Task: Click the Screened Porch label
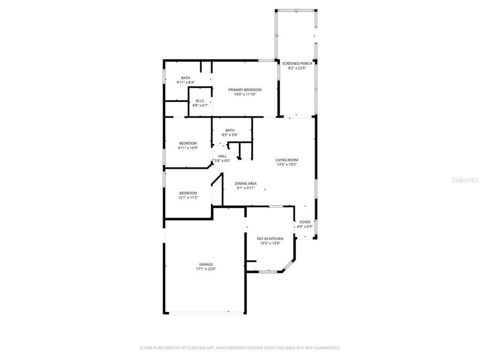[300, 63]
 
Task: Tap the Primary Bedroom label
[245, 90]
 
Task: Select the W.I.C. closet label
[201, 101]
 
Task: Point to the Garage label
[206, 265]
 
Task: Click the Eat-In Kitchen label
[270, 239]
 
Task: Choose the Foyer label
[305, 222]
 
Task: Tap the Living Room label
[286, 160]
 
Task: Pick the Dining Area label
[246, 183]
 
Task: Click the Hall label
[222, 156]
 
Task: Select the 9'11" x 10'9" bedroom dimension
[188, 148]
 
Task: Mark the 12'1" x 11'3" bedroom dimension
[188, 198]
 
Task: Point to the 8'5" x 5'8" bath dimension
[230, 135]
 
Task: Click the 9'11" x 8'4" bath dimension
[186, 82]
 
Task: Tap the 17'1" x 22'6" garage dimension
[206, 269]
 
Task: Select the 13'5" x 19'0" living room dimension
[286, 164]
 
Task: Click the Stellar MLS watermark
[466, 181]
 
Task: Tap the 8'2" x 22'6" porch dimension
[300, 68]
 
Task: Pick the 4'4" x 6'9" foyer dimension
[305, 226]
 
